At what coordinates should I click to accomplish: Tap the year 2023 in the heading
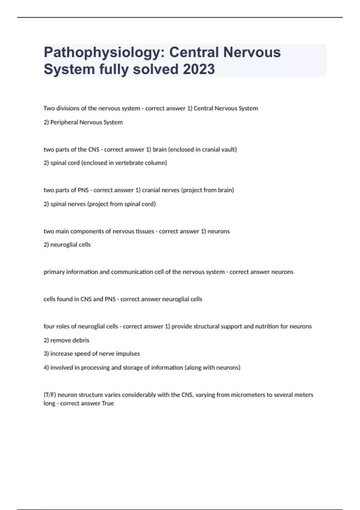coord(199,69)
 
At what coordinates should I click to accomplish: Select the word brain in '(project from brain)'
coord(226,190)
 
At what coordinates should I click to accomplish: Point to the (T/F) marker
coord(50,395)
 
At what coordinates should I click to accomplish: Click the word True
coord(108,403)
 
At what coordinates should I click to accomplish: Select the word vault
coord(229,149)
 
